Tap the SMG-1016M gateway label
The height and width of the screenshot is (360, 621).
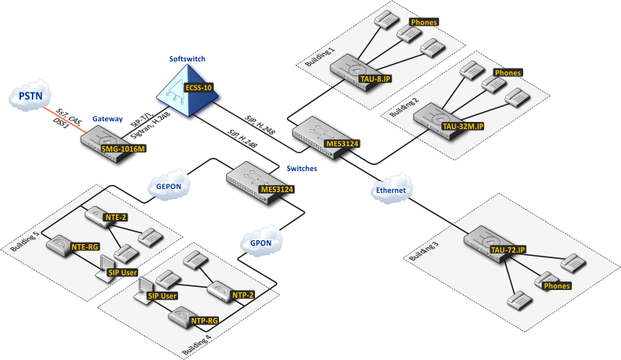[x=124, y=149]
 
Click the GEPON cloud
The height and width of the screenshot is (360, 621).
[x=166, y=187]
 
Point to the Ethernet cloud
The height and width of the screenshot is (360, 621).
[x=391, y=190]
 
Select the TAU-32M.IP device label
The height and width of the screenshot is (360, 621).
[x=462, y=125]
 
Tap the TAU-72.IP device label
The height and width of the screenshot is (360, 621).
[x=508, y=250]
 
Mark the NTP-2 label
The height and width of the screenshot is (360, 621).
[x=242, y=295]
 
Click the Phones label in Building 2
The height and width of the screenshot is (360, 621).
[x=508, y=73]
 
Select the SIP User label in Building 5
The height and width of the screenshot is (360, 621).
[x=123, y=273]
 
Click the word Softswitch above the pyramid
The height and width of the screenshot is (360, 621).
[x=187, y=59]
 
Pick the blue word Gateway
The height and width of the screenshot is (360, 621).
[x=107, y=119]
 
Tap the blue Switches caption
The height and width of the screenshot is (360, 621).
[x=301, y=168]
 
